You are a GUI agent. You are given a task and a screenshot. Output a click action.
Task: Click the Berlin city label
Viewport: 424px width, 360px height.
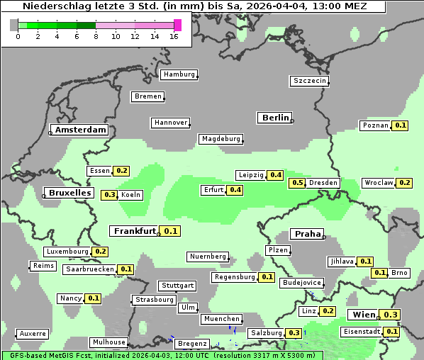(x=275, y=118)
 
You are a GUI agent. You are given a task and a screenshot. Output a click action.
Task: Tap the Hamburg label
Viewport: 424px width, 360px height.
(x=179, y=74)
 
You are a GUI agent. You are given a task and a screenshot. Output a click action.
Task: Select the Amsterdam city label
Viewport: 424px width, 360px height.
(x=80, y=130)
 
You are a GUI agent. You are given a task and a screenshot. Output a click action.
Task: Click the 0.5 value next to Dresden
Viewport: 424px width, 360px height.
(x=298, y=183)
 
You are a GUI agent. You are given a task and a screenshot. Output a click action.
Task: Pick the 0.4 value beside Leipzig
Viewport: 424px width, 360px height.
(x=276, y=175)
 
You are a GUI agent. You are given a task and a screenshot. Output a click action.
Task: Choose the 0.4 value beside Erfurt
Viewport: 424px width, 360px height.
(x=235, y=190)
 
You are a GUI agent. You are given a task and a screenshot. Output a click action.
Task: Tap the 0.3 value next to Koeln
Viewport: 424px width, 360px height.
(x=110, y=195)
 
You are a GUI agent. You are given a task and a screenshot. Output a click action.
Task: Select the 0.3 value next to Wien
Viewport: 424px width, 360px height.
(x=391, y=315)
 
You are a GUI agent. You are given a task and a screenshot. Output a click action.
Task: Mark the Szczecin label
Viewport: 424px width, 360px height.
(x=310, y=81)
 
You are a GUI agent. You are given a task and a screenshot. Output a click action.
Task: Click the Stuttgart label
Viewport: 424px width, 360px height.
(x=177, y=286)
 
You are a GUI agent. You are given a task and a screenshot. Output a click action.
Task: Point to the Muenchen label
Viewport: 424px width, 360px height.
(x=221, y=319)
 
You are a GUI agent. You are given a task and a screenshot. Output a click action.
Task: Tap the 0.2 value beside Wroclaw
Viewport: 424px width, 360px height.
(x=404, y=183)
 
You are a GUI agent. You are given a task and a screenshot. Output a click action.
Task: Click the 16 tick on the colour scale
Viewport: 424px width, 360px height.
(x=174, y=35)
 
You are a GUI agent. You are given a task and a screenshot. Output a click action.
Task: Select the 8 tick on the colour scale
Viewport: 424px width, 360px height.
(x=96, y=35)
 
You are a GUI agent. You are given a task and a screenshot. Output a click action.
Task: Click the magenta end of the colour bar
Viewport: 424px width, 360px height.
(x=177, y=25)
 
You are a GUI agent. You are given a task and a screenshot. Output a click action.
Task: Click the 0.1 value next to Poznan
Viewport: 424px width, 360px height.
(x=401, y=125)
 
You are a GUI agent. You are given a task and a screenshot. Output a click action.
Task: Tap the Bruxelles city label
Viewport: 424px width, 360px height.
(x=70, y=193)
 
